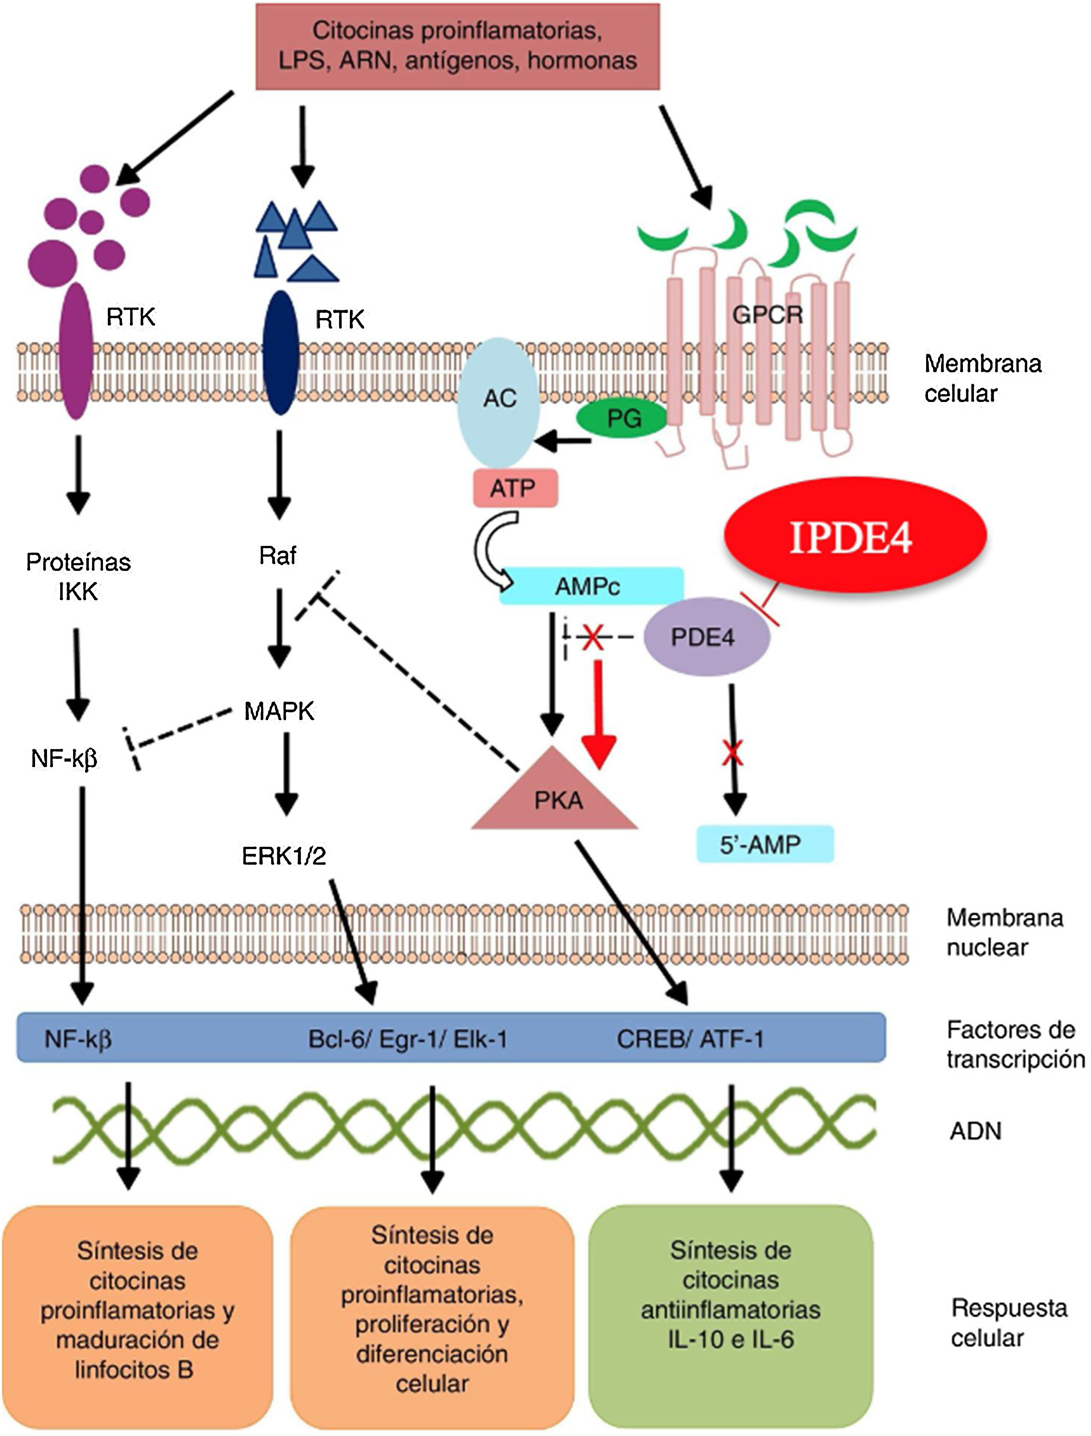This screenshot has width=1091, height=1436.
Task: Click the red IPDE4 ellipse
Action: click(x=855, y=535)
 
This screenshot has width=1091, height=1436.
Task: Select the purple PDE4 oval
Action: click(x=706, y=637)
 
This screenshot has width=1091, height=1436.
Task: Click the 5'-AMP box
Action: click(x=764, y=844)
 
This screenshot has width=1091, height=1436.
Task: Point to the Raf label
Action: click(x=278, y=556)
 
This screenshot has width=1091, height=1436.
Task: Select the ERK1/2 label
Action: click(x=284, y=856)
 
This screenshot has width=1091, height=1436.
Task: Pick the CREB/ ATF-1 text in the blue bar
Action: click(x=690, y=1039)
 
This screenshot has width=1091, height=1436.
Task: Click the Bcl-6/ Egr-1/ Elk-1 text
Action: click(x=407, y=1039)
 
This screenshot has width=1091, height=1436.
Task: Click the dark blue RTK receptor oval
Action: click(x=280, y=352)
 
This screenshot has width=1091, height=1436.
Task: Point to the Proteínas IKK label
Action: click(x=79, y=576)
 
